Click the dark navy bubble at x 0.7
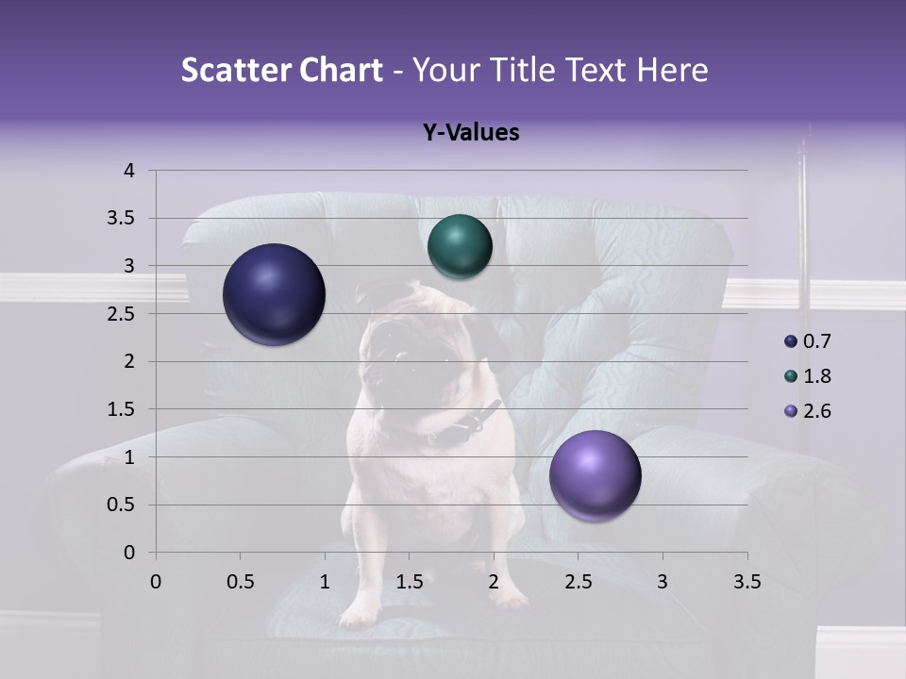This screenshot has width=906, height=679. pyautogui.click(x=274, y=294)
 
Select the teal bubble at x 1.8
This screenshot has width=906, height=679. pyautogui.click(x=460, y=247)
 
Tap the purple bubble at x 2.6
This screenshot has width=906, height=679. pyautogui.click(x=595, y=475)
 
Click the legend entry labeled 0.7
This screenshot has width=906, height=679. pyautogui.click(x=816, y=341)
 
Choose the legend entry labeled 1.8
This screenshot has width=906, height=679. pyautogui.click(x=816, y=376)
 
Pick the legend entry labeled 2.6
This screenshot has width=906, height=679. pyautogui.click(x=816, y=411)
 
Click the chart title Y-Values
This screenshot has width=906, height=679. pyautogui.click(x=470, y=133)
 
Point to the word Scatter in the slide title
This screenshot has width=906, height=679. pyautogui.click(x=231, y=70)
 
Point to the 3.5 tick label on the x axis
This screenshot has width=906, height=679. pyautogui.click(x=747, y=582)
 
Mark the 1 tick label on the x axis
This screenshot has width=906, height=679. pyautogui.click(x=325, y=582)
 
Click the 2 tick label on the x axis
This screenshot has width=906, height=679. pyautogui.click(x=494, y=582)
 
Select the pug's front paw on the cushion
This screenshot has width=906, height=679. pyautogui.click(x=359, y=611)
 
